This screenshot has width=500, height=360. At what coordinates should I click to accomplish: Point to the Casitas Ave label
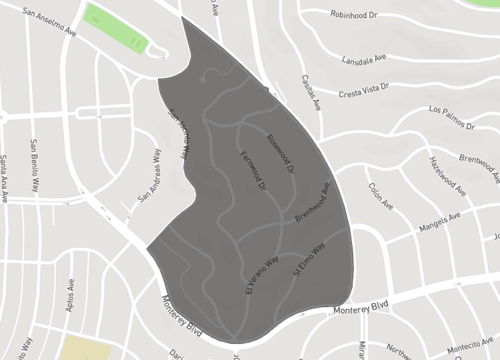click(309, 92)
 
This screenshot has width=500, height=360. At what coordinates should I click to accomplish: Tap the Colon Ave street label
click(380, 190)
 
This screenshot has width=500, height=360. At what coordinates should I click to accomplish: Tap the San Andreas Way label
click(150, 177)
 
